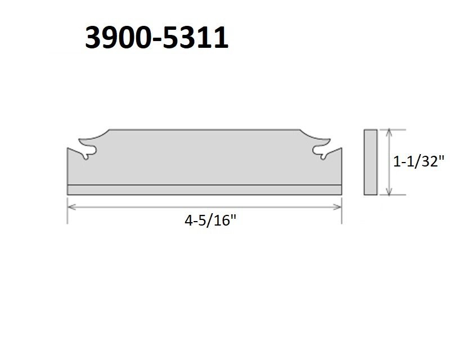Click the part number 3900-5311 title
[x=156, y=38]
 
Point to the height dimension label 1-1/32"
[x=419, y=162]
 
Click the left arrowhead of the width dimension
[x=70, y=206]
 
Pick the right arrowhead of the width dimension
[x=340, y=206]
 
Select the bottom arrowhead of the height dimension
[x=388, y=192]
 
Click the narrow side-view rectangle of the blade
[x=370, y=162]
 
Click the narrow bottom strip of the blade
[x=204, y=190]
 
